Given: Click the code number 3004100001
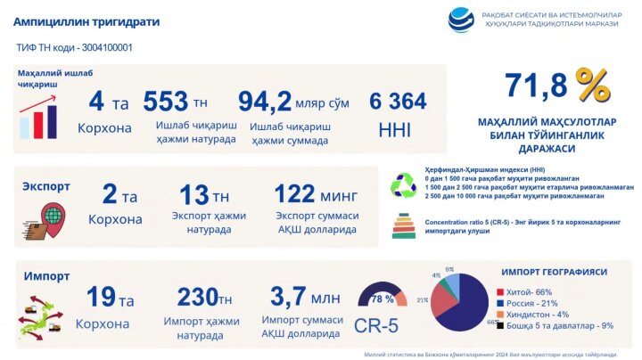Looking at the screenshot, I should click(x=104, y=47).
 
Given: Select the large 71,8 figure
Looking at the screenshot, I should click(x=537, y=86).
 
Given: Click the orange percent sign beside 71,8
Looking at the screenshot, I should click(x=592, y=86).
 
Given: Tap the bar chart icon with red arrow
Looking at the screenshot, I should click(x=38, y=114).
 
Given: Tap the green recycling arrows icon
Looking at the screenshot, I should click(x=403, y=184).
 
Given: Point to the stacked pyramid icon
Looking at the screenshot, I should click(x=403, y=226).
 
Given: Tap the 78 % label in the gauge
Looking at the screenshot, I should click(x=383, y=298).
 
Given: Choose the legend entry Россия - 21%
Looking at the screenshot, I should click(x=533, y=303).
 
